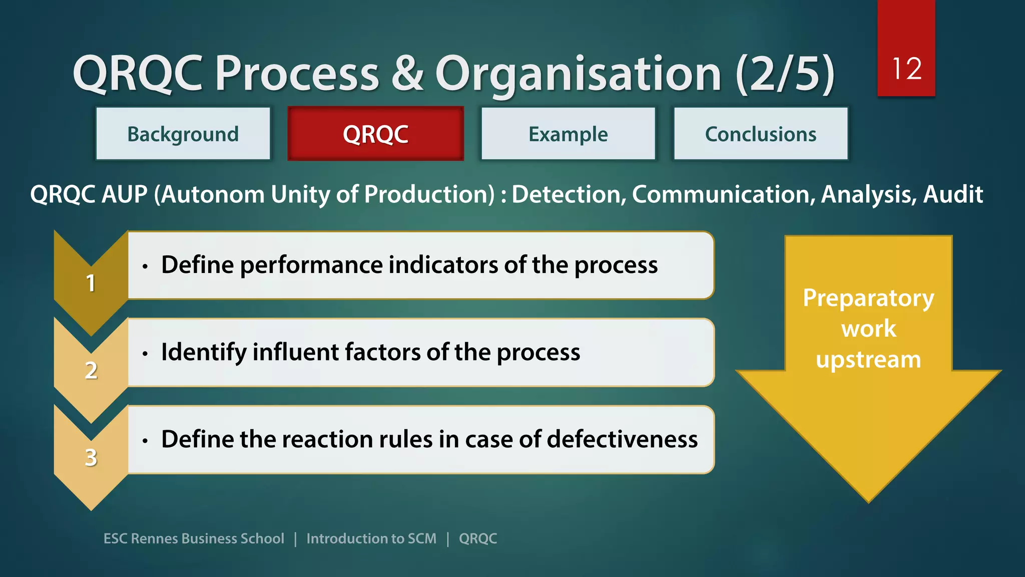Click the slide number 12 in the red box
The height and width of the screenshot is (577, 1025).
(906, 69)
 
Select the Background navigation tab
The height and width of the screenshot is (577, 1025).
(183, 134)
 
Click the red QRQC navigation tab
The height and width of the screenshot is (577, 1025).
(375, 134)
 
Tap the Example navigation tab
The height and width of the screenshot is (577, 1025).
(568, 134)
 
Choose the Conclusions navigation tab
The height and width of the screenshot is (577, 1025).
(761, 134)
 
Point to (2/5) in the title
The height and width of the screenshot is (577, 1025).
(785, 74)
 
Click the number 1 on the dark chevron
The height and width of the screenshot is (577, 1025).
(91, 283)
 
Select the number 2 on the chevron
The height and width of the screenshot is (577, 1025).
(91, 371)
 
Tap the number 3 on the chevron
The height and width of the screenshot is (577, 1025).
(91, 457)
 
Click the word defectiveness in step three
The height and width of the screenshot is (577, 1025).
(622, 439)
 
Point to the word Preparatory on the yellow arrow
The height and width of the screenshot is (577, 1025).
(868, 299)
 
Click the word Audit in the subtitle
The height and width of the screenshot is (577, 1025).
(953, 194)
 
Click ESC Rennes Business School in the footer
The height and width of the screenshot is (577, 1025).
(194, 538)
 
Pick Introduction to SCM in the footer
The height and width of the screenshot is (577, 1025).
(371, 538)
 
